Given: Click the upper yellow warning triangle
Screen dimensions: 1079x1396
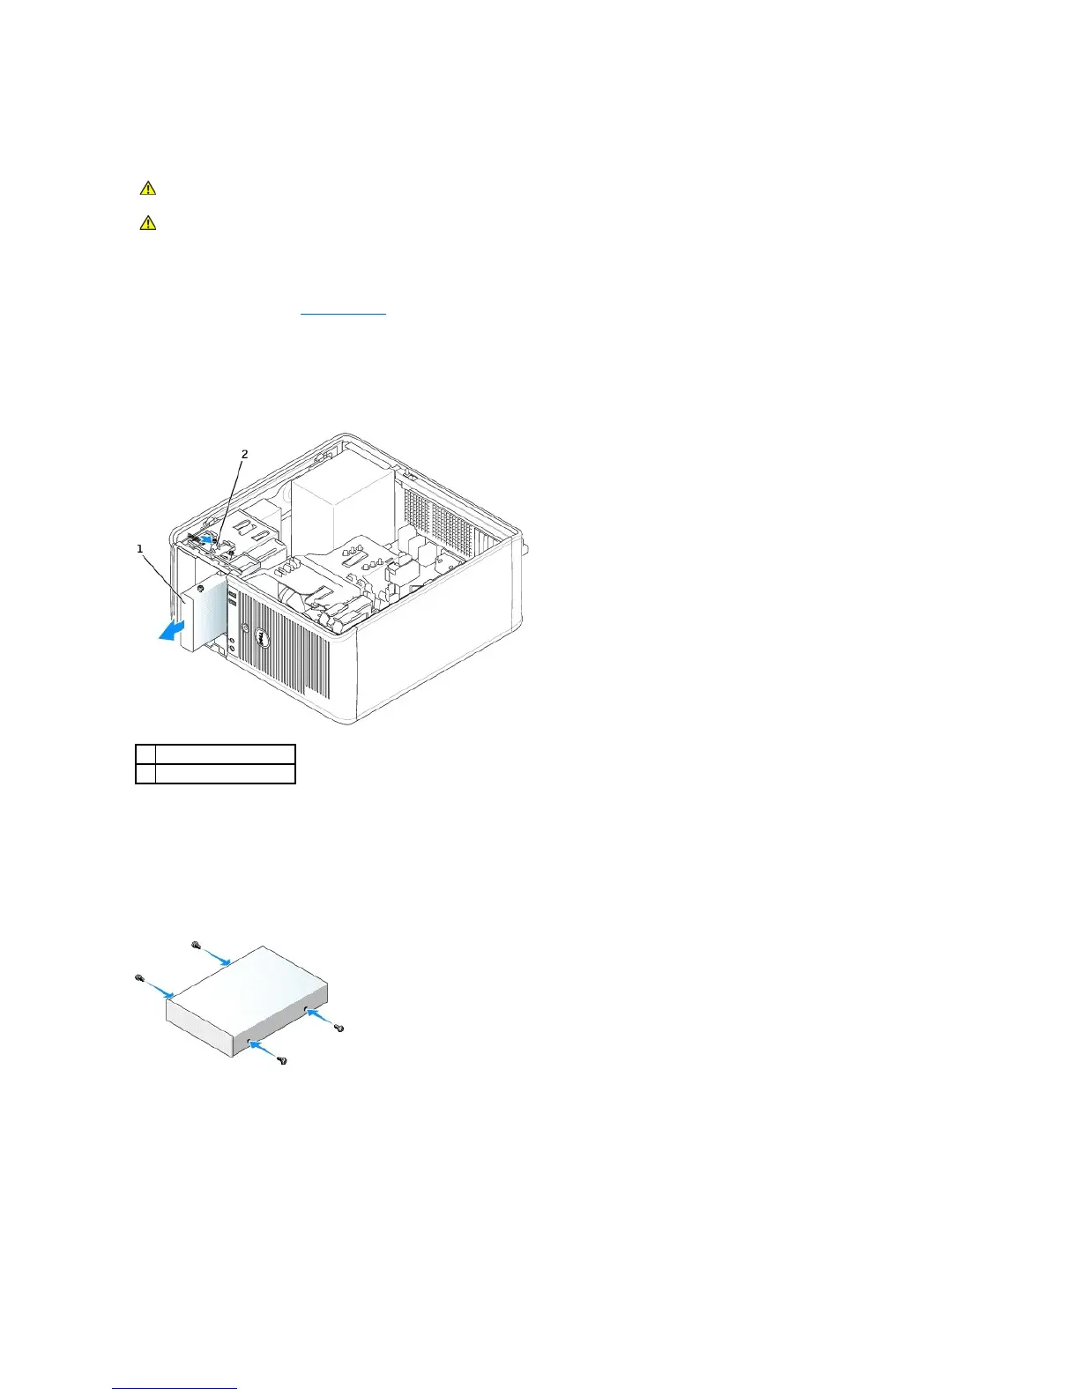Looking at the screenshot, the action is pos(148,188).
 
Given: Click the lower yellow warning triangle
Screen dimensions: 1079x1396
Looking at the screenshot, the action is pos(148,223).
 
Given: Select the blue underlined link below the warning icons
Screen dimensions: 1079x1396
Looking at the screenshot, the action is pos(343,313).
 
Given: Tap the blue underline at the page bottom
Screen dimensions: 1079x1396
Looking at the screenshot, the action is pos(175,1388).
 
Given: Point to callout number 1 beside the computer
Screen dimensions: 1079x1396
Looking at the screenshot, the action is pos(139,549).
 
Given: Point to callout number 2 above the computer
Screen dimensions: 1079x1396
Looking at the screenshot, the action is pos(244,455).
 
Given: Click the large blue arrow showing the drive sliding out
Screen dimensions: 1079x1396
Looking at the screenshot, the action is pos(173,629).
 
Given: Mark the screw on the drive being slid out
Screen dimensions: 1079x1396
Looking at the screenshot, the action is pos(202,587).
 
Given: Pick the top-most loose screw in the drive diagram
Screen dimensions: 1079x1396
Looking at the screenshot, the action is pos(195,944).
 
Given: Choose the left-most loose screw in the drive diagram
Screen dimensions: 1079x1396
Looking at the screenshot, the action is pos(139,977).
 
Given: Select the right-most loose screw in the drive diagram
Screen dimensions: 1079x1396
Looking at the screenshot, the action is pos(340,1028).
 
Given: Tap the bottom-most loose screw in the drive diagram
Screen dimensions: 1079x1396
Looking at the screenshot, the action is pos(282,1060).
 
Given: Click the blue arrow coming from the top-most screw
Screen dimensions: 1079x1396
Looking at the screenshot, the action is pos(217,956).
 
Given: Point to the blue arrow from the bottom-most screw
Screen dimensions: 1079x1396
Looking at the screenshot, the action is pos(262,1048).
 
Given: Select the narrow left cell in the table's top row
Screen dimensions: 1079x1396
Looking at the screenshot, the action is pos(145,754).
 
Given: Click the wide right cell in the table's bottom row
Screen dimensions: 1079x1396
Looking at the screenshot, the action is pos(225,774).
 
